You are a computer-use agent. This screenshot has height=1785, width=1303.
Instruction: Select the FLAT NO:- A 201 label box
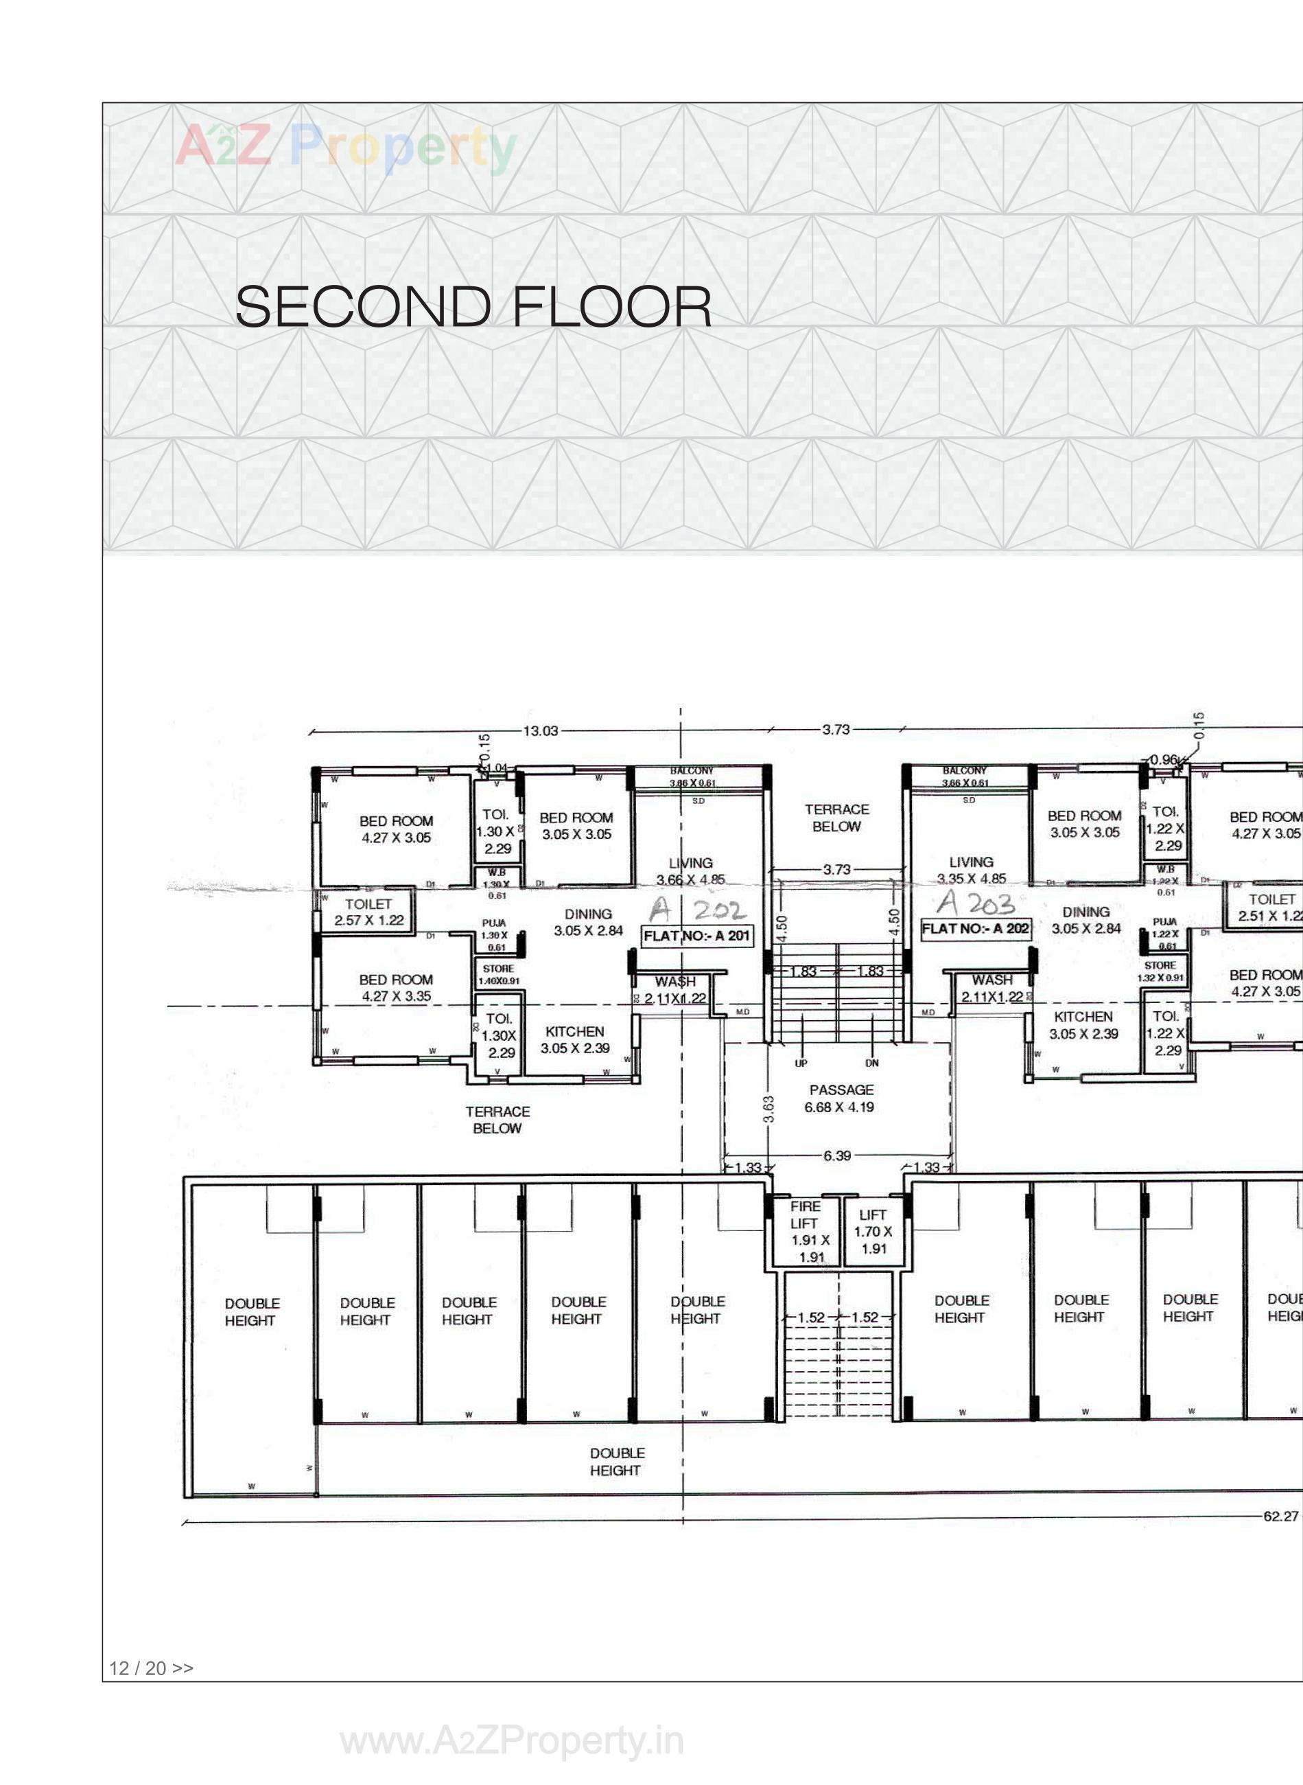(697, 936)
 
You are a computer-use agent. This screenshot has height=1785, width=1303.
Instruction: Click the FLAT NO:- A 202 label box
(976, 928)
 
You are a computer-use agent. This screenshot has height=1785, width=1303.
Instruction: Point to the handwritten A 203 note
(976, 903)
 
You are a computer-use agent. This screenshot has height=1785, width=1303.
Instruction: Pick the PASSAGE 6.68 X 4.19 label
(840, 1098)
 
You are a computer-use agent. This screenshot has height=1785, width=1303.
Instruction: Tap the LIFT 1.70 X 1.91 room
(873, 1232)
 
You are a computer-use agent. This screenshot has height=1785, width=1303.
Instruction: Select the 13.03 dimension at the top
(540, 730)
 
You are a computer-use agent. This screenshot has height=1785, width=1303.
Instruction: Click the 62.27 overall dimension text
(1280, 1516)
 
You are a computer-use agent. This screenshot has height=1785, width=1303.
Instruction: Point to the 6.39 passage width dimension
(837, 1155)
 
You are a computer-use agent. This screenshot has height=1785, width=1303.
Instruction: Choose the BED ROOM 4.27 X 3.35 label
(396, 987)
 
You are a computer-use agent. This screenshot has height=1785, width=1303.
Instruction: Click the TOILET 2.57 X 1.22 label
(368, 912)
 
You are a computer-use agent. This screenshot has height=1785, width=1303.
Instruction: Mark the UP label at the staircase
(801, 1063)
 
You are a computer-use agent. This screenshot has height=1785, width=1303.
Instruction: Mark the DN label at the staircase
(872, 1063)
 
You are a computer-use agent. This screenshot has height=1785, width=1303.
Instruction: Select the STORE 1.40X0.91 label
(498, 974)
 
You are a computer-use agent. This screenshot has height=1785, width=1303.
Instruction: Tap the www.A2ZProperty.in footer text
(512, 1742)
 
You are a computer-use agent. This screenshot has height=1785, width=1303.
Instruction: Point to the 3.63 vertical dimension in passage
(769, 1108)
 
